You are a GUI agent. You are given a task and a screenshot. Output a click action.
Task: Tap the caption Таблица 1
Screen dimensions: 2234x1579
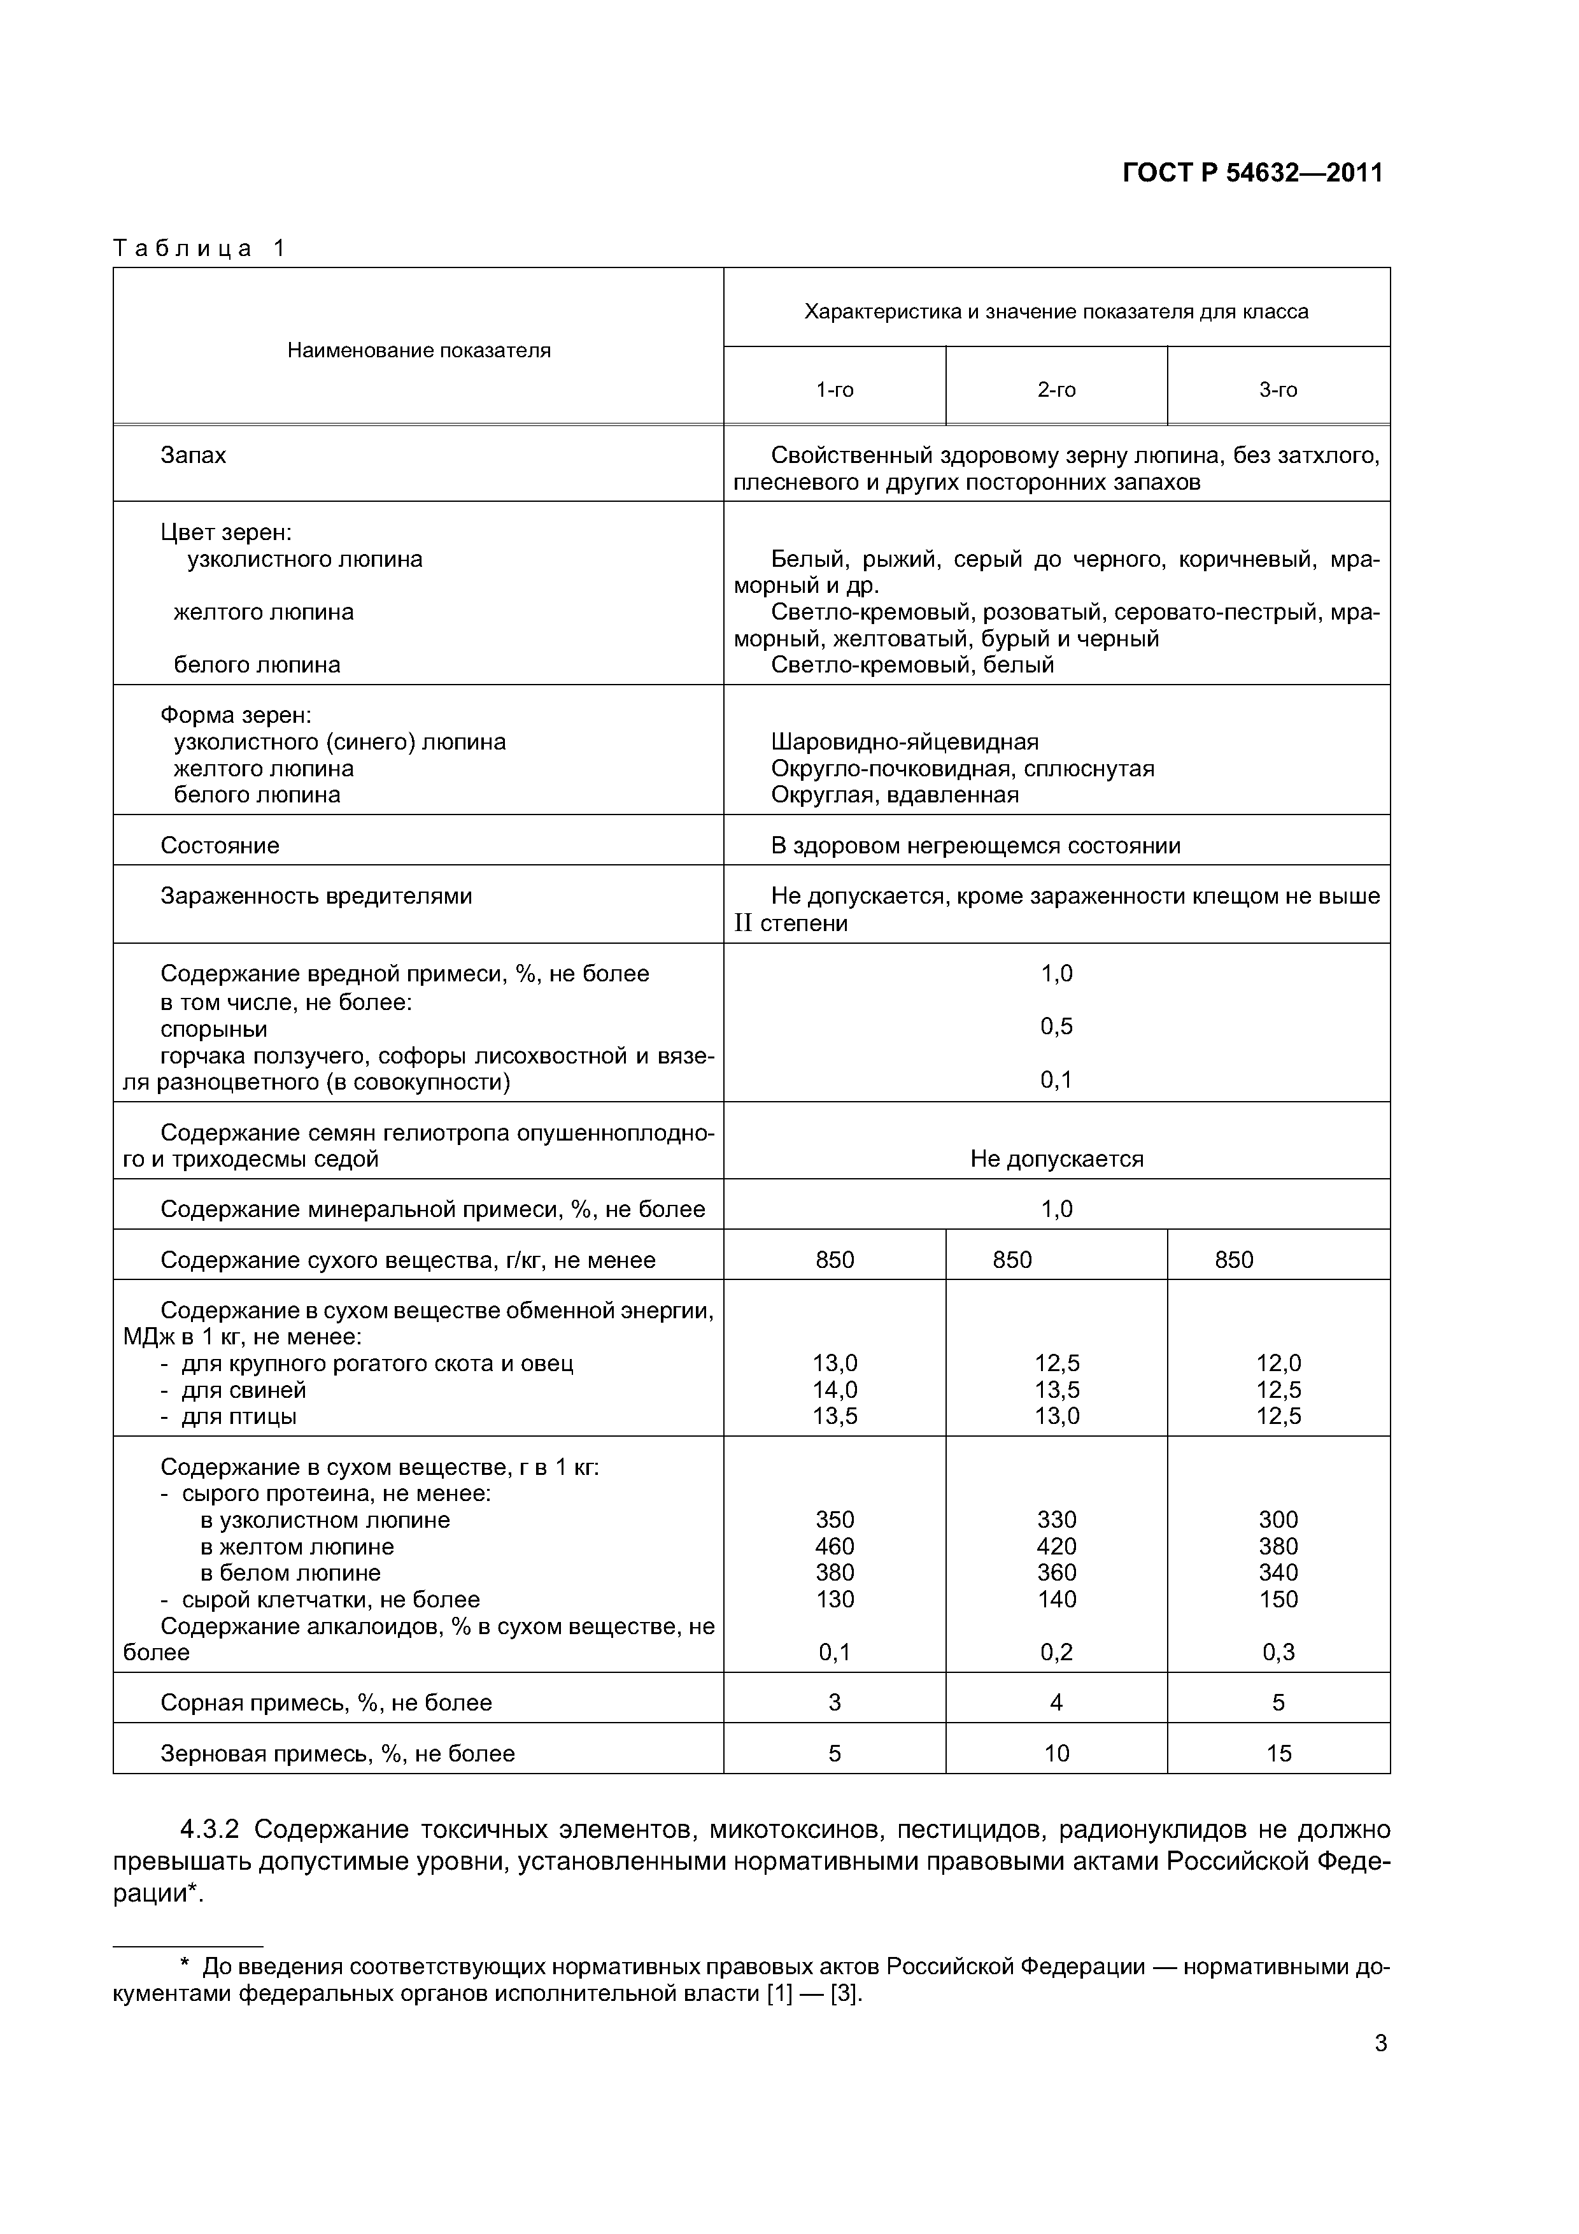199,248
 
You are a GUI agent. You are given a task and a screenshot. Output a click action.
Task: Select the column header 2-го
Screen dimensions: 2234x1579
1056,390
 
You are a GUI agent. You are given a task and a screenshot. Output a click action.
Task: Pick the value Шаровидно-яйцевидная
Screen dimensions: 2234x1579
904,743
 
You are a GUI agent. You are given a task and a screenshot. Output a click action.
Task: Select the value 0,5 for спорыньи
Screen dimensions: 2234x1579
1056,1027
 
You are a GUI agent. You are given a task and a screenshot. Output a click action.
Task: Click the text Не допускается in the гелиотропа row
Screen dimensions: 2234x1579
1056,1159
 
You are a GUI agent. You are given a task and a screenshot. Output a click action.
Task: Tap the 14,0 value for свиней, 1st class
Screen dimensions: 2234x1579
835,1390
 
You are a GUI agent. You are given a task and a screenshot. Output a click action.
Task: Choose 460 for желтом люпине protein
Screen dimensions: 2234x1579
835,1546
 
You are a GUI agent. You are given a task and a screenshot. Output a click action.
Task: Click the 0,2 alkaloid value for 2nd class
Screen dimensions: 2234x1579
1056,1651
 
